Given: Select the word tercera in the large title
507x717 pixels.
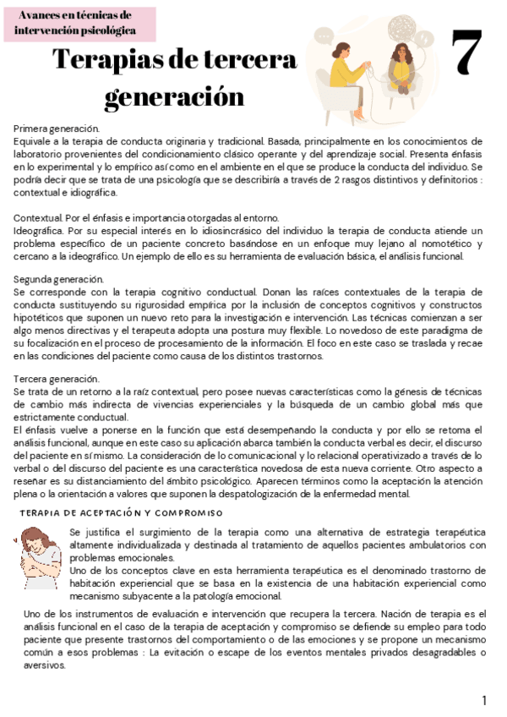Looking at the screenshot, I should click(250, 61).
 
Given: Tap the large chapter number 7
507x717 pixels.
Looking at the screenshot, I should click(466, 52).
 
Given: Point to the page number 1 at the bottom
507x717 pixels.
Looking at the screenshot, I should click(484, 700).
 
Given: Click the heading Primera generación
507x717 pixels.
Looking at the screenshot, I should click(56, 128).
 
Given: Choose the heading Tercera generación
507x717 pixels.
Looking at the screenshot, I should click(56, 379).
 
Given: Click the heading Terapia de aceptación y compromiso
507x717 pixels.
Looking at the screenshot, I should click(121, 513).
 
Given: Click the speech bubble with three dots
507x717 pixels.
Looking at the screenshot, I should click(324, 36).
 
